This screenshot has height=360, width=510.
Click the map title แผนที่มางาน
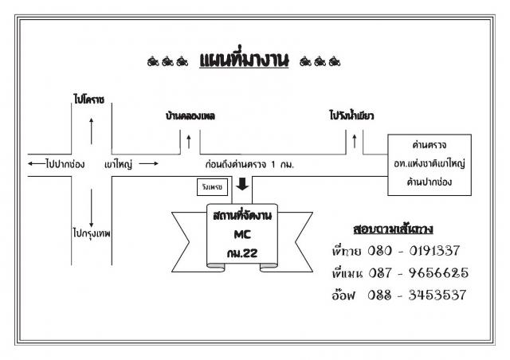[244, 60]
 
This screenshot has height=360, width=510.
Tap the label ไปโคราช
[88, 100]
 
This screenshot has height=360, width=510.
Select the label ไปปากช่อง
[65, 163]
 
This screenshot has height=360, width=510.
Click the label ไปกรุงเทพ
[92, 233]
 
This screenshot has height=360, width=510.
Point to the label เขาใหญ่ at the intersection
[119, 164]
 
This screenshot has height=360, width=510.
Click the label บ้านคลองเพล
[190, 115]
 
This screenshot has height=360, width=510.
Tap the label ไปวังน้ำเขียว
[351, 115]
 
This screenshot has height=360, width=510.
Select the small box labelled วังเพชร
[212, 187]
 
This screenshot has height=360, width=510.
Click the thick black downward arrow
[242, 184]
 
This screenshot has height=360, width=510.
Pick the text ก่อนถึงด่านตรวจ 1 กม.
[249, 164]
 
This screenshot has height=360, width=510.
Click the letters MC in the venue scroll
[242, 234]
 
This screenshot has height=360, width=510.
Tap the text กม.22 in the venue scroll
[242, 253]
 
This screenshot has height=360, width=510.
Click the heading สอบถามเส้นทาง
[393, 229]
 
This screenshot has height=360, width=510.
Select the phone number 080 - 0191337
[414, 251]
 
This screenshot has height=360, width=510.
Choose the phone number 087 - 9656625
[418, 272]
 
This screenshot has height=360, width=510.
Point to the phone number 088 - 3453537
[417, 295]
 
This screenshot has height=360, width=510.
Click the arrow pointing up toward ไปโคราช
[92, 131]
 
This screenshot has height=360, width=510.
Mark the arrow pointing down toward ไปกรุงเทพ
[92, 208]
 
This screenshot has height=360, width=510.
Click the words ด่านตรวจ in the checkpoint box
[430, 145]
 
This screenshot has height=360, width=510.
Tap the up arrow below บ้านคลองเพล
[189, 142]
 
